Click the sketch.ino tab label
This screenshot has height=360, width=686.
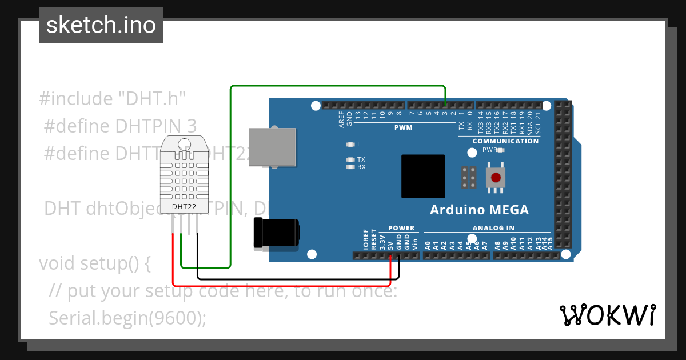[x=101, y=25]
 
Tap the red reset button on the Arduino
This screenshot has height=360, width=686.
[x=496, y=178]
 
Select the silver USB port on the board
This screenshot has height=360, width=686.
[x=273, y=147]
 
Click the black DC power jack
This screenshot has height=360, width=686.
[x=277, y=234]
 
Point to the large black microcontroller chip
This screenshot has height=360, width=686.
[x=423, y=176]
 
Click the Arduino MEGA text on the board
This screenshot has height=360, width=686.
[x=479, y=210]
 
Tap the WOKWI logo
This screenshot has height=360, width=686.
[x=607, y=315]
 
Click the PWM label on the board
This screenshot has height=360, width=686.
[x=403, y=127]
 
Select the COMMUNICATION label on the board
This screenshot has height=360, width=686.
[x=505, y=141]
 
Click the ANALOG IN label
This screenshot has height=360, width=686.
[x=493, y=228]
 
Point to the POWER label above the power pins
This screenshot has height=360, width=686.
[x=401, y=228]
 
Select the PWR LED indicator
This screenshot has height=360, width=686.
[x=501, y=150]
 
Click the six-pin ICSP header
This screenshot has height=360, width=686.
[x=469, y=178]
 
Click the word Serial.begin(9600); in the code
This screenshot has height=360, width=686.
[x=127, y=318]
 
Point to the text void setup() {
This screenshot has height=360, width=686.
[x=95, y=263]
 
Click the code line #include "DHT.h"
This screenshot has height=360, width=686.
[x=113, y=99]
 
